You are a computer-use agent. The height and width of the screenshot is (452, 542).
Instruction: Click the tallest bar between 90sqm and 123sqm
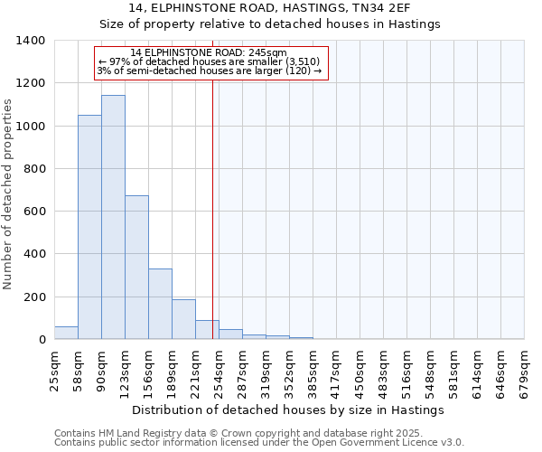(x=113, y=217)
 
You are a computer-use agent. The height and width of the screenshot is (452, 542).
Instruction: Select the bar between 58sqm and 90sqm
(x=89, y=227)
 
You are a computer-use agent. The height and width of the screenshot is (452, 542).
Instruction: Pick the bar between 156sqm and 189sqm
(x=160, y=304)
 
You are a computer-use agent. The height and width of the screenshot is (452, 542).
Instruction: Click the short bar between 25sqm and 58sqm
(x=66, y=333)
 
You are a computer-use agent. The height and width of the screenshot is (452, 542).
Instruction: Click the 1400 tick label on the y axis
(x=31, y=41)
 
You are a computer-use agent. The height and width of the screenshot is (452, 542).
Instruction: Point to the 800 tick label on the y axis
(x=34, y=169)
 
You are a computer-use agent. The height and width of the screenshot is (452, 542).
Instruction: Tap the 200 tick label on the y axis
(x=34, y=297)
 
